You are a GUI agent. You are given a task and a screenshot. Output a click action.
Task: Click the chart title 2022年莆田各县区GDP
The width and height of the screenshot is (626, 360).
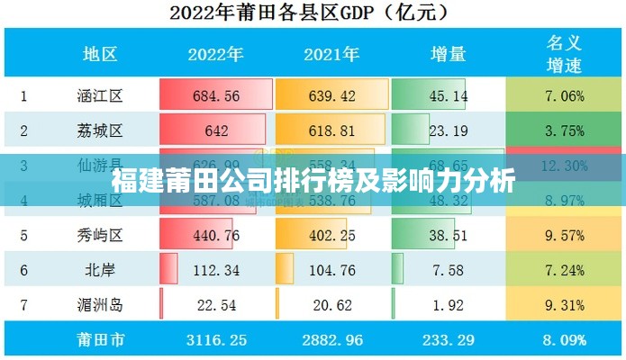[x=312, y=13]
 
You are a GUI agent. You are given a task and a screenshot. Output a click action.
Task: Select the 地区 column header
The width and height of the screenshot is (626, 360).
[x=100, y=54]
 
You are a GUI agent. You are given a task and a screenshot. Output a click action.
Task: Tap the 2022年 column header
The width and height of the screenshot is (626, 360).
[x=215, y=54]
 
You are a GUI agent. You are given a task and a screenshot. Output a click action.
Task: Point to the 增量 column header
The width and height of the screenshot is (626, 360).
[x=448, y=54]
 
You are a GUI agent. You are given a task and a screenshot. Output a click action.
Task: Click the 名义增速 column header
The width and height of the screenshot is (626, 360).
[x=565, y=53]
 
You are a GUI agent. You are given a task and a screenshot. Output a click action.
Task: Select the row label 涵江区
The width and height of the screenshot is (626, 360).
[x=100, y=95]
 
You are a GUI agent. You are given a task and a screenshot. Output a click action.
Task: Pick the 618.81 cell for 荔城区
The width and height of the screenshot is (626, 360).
[x=331, y=130]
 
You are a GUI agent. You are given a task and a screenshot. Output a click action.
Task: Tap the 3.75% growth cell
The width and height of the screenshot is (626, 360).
[x=564, y=130]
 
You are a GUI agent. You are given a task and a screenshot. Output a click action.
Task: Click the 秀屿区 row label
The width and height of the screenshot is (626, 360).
[x=100, y=236]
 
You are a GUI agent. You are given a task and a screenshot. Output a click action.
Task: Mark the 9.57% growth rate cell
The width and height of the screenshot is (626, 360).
[x=564, y=236]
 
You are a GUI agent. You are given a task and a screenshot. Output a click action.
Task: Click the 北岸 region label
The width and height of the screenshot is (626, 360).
[x=100, y=270]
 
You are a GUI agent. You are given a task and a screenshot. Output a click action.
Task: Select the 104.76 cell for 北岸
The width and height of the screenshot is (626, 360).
[x=331, y=270]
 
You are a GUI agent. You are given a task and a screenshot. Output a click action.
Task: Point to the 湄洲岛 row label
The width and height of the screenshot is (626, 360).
[x=100, y=305]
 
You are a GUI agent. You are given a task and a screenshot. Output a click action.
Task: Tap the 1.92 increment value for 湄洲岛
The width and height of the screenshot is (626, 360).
[x=448, y=305]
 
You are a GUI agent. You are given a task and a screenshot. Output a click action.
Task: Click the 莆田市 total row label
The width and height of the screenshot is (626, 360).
[x=100, y=340]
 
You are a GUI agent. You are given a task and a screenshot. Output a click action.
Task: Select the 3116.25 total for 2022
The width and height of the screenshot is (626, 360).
[x=215, y=340]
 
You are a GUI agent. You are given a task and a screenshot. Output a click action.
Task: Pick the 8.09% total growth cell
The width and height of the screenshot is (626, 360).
[x=564, y=340]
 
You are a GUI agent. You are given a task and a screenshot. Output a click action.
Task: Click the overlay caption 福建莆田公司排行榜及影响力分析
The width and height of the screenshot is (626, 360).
[x=313, y=181]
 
